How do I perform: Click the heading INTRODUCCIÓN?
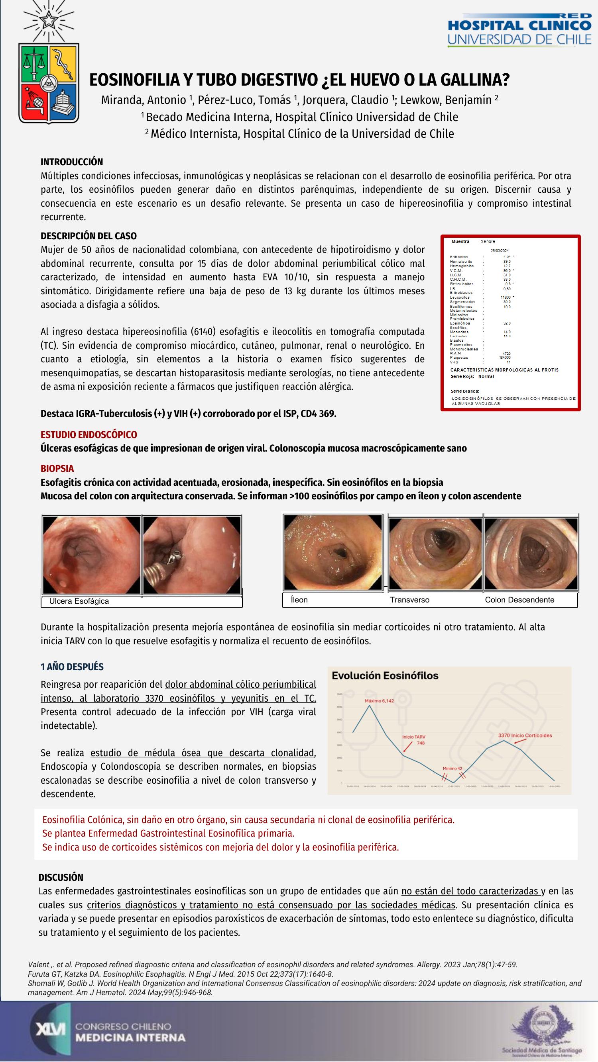[x=72, y=162]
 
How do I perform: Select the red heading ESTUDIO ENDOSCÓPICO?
[x=89, y=434]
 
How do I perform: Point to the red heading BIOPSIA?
[x=57, y=468]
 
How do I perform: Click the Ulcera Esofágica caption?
[x=79, y=601]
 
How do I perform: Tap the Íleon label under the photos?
[x=299, y=600]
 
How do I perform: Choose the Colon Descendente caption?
[x=519, y=600]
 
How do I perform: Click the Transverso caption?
[x=409, y=600]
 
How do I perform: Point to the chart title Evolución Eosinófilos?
[x=385, y=676]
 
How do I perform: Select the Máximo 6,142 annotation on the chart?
[x=379, y=701]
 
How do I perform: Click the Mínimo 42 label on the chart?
[x=452, y=769]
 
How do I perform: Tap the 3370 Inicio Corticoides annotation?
[x=525, y=735]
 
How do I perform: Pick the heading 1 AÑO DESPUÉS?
[x=72, y=667]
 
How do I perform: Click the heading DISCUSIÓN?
[x=61, y=877]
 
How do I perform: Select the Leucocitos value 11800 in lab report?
[x=505, y=297]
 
